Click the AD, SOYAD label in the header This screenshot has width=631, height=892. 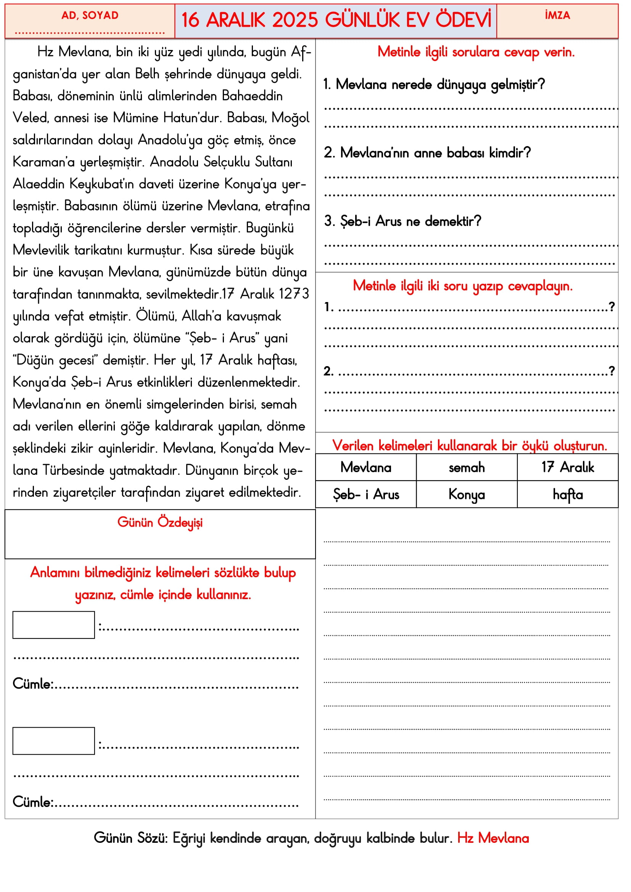(90, 16)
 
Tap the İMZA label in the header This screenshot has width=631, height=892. (557, 16)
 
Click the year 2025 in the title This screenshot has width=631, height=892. (295, 20)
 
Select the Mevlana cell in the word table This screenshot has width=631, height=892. (365, 468)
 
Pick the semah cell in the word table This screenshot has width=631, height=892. (467, 468)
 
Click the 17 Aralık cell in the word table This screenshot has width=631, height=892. (568, 468)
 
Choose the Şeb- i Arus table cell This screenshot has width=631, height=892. (365, 495)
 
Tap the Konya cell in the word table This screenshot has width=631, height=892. (467, 495)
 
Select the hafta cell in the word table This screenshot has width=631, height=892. (568, 495)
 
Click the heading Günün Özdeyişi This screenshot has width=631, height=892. (160, 522)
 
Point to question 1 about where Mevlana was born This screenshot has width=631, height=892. (434, 85)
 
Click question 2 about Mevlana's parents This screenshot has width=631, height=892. (427, 153)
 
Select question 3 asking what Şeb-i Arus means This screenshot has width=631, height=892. (402, 222)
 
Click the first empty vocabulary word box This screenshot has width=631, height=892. (54, 625)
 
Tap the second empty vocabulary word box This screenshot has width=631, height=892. (54, 741)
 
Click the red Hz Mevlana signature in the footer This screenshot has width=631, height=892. (493, 838)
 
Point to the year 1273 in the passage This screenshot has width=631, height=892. (294, 294)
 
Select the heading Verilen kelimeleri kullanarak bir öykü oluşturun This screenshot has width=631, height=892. (469, 445)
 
